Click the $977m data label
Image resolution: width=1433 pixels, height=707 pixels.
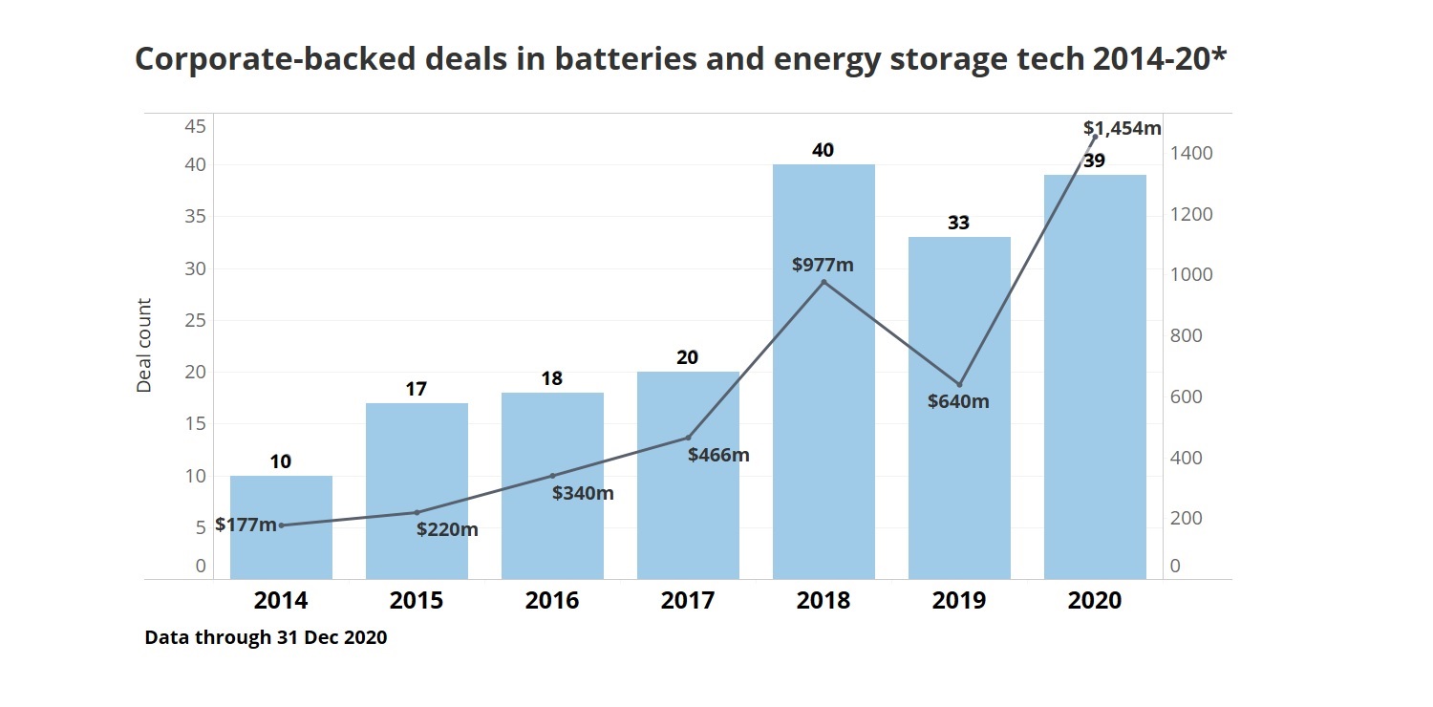click(823, 265)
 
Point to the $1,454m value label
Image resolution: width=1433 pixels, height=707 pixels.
click(1122, 128)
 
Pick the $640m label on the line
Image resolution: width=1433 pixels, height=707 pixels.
click(958, 401)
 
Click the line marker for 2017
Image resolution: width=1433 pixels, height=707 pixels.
click(688, 438)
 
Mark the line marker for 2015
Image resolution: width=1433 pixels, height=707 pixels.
click(417, 513)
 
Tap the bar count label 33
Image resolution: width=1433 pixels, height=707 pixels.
click(958, 223)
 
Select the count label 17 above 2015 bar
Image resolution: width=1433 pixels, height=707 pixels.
click(416, 389)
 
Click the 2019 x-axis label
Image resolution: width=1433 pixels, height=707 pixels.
click(959, 601)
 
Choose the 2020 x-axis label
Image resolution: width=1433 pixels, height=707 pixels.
click(1095, 601)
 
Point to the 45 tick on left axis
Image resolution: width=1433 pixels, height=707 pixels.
click(195, 126)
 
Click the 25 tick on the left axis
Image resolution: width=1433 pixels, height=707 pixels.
click(195, 320)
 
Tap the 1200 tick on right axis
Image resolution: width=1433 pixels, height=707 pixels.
click(1193, 214)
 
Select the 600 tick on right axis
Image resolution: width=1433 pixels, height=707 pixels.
click(1187, 396)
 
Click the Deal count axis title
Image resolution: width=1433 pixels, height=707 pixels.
click(144, 346)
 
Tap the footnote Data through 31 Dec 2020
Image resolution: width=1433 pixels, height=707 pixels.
click(266, 637)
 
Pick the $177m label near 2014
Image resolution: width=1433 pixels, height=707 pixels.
click(246, 525)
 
